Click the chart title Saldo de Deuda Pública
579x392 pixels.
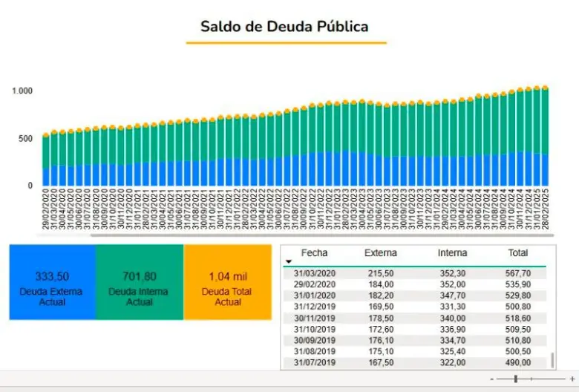284,27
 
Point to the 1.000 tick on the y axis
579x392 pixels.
22,91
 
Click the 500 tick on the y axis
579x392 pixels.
26,138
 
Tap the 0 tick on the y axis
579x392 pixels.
30,186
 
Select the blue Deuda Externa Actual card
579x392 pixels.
52,282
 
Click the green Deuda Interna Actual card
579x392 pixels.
139,282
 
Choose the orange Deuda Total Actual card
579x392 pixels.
227,282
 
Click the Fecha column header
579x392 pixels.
314,253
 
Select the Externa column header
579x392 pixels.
381,253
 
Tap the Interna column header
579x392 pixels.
452,253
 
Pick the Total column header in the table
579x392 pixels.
517,253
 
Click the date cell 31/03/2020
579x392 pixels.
315,274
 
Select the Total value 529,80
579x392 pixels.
517,295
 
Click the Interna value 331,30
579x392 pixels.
452,307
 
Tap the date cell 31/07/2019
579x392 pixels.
315,362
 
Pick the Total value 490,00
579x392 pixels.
517,362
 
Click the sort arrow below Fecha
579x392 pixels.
288,261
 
